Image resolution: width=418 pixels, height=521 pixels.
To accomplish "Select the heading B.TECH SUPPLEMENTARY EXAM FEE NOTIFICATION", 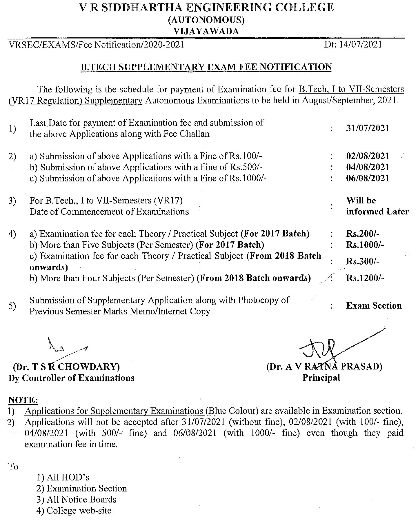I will pos(206,67).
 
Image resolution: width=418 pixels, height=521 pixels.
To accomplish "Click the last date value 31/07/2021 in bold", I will pos(368,128).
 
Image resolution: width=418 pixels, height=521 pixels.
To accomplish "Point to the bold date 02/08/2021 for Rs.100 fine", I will pos(368,156).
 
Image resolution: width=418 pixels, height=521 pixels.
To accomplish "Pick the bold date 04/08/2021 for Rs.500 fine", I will pos(368,167).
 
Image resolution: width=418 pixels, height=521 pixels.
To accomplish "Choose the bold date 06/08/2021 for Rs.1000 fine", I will pos(368,178).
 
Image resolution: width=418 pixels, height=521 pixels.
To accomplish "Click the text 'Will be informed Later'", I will pos(377,206).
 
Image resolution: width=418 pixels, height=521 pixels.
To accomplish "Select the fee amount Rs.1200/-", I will pos(365,278).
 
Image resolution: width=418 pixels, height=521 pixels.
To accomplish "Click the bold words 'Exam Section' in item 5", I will pos(374,306).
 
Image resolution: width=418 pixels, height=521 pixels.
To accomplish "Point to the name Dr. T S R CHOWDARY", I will pos(66,367).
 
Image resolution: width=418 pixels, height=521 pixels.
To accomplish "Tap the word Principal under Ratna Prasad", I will pos(321,378).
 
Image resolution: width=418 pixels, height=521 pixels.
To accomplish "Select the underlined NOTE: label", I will pos(23,400).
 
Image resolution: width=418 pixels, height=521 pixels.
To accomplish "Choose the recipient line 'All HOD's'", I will pos(63,478).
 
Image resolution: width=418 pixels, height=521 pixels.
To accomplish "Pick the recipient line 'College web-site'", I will pos(74,511).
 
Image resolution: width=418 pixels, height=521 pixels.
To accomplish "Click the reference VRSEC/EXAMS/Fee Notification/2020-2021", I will pos(97,45).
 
